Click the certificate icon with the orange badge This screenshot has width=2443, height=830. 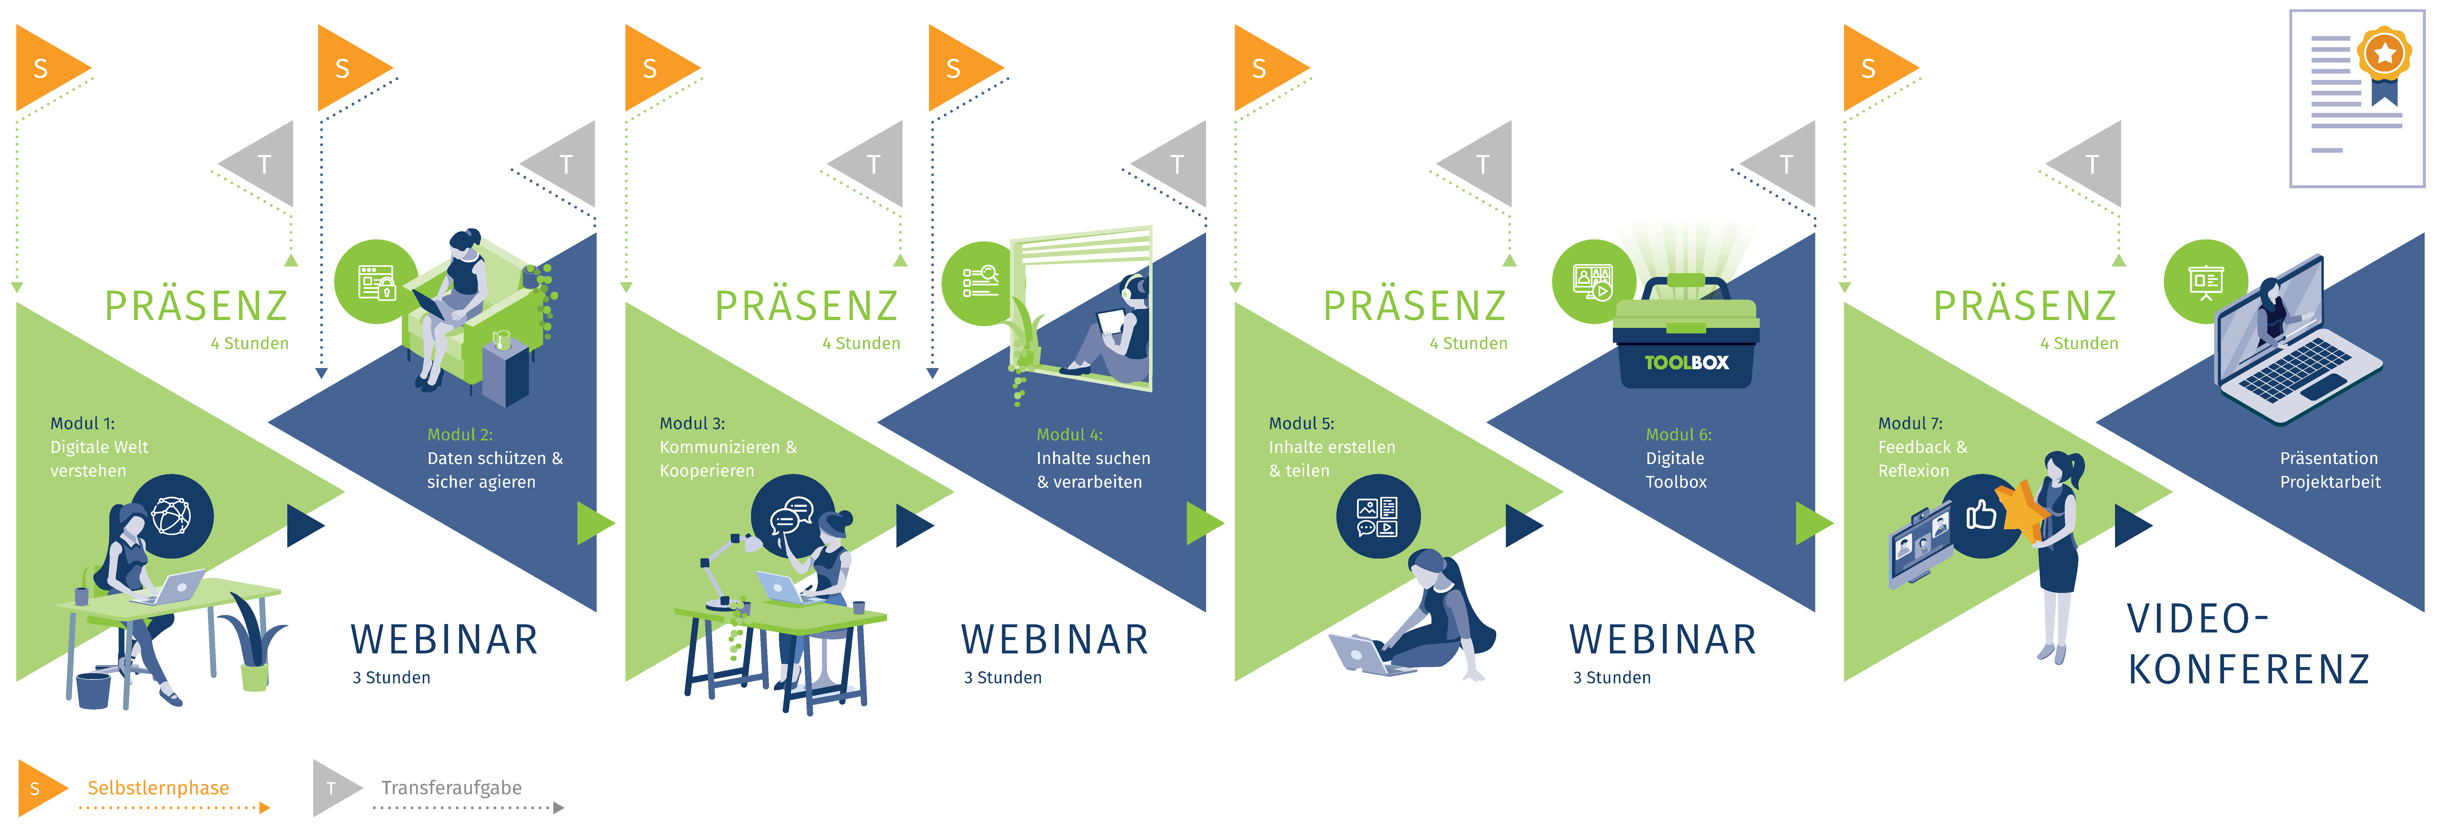click(2357, 99)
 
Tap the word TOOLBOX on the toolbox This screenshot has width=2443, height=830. click(1686, 362)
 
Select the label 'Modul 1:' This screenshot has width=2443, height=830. click(83, 423)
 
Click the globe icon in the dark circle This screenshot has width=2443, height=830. click(172, 516)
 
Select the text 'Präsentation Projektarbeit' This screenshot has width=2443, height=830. click(2330, 470)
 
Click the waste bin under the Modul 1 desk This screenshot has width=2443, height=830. click(93, 691)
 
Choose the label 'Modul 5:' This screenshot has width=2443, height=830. click(1301, 423)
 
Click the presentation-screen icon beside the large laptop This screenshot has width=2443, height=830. click(2206, 282)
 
